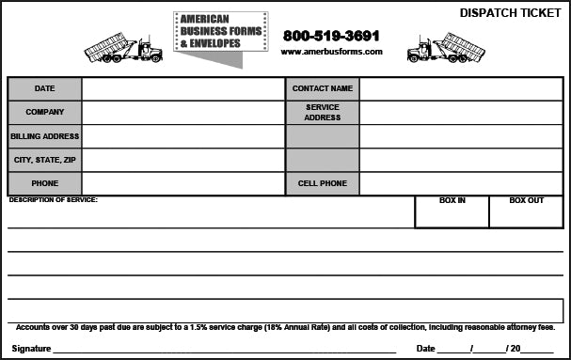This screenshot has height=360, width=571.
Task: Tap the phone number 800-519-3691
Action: tap(331, 35)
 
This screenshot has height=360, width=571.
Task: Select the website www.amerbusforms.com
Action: tap(331, 52)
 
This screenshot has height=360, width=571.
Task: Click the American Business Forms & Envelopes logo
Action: tap(220, 32)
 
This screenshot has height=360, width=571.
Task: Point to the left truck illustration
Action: tap(123, 48)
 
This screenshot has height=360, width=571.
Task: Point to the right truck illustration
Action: tap(446, 48)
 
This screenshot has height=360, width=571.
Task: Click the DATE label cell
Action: tap(44, 88)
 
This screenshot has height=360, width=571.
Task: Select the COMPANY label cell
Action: tap(44, 112)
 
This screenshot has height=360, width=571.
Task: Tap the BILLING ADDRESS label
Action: tap(44, 136)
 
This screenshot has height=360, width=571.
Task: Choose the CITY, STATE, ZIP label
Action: tap(44, 160)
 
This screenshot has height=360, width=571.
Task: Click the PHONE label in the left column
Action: tap(44, 183)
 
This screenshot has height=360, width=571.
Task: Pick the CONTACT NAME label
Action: tap(322, 88)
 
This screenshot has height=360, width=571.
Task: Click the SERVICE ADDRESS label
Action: tap(322, 112)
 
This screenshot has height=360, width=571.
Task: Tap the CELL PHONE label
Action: tap(322, 183)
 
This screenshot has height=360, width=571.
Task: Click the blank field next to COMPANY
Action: tap(182, 112)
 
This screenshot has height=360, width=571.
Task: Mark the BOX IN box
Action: tap(452, 212)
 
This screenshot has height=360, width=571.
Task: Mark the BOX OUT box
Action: tap(526, 212)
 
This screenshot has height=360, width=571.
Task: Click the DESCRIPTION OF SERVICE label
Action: tap(53, 200)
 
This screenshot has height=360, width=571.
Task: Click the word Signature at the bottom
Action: tap(30, 348)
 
